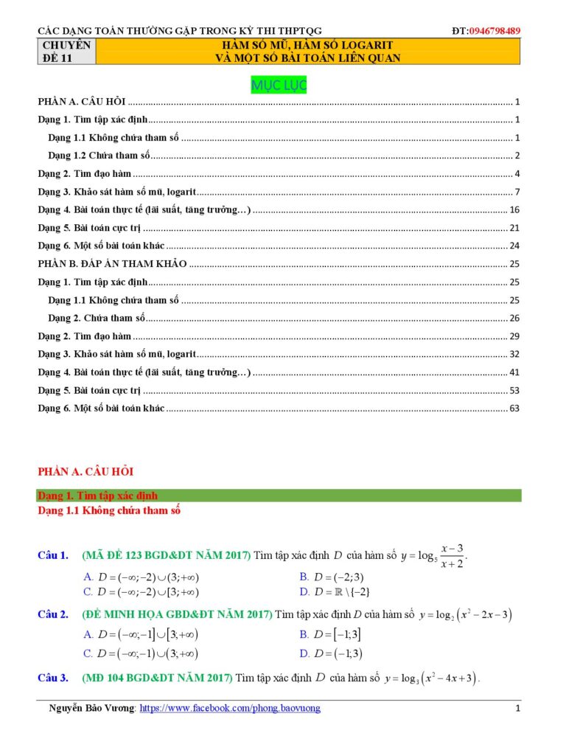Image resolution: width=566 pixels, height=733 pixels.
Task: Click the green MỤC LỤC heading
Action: (279, 86)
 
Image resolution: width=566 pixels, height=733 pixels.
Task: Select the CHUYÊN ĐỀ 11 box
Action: (67, 52)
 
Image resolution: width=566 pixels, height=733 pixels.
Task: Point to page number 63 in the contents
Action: (514, 408)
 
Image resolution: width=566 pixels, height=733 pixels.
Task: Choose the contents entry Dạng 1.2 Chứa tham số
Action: (99, 156)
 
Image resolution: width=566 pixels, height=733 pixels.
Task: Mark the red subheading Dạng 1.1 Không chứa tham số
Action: (109, 510)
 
